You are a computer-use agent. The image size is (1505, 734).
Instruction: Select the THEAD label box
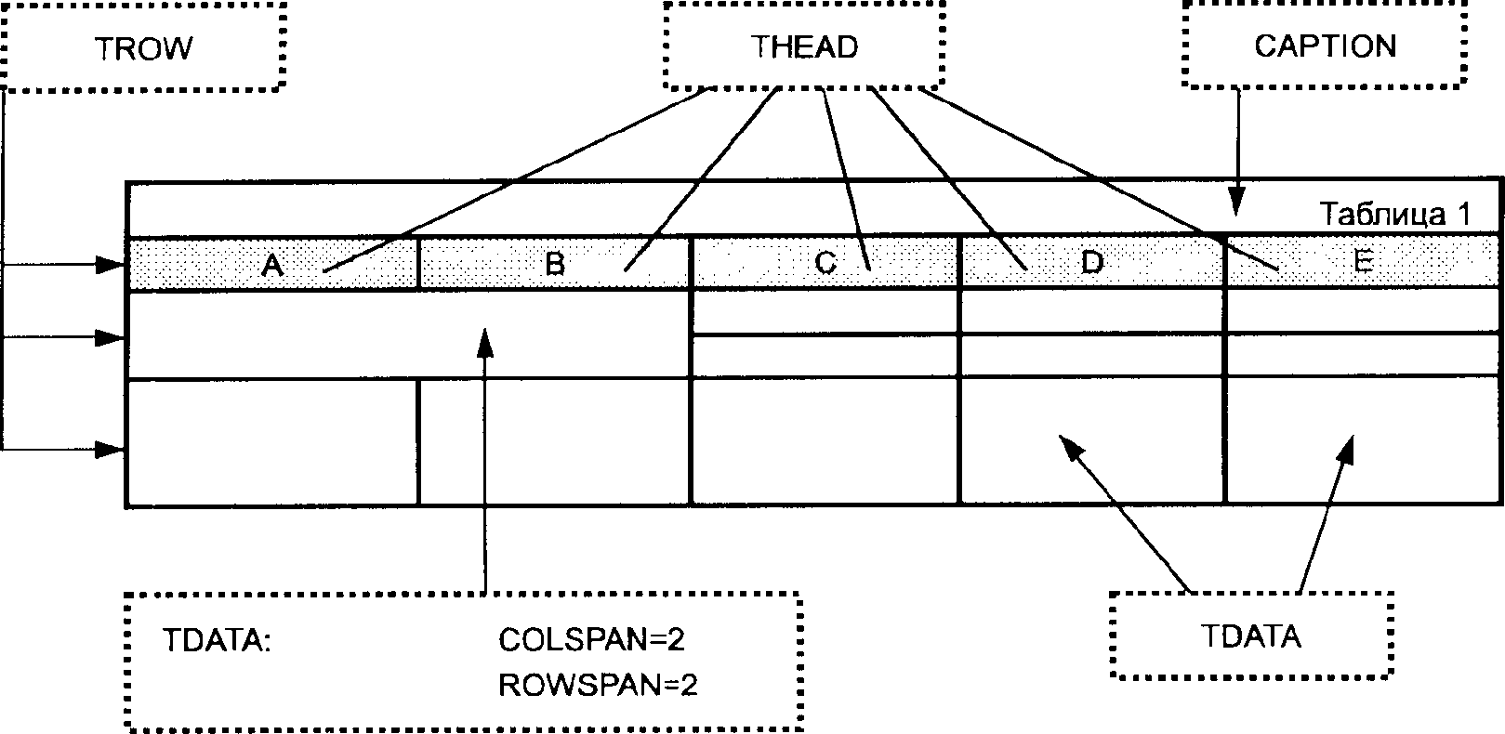click(x=804, y=46)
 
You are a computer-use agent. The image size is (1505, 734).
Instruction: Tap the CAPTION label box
click(x=1325, y=46)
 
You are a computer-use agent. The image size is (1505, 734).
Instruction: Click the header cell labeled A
click(x=272, y=265)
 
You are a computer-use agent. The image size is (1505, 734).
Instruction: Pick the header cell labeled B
click(x=554, y=264)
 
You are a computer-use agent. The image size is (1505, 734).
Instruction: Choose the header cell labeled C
click(x=825, y=263)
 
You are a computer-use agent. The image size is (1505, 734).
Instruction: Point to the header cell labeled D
click(x=1091, y=263)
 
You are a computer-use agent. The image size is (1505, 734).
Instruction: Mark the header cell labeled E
click(x=1363, y=263)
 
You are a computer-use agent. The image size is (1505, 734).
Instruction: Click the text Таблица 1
click(x=1394, y=215)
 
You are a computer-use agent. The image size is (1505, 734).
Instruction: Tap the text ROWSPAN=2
click(x=598, y=686)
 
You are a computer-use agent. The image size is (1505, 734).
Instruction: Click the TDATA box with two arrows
click(x=1251, y=636)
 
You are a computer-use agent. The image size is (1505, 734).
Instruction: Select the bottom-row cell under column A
click(x=272, y=442)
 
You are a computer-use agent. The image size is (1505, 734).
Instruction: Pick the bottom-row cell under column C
click(x=825, y=440)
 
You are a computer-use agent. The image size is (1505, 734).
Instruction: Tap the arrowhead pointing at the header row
click(x=112, y=266)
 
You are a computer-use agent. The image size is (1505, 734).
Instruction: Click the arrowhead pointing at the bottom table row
click(x=112, y=450)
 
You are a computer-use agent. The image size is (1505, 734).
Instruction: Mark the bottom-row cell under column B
click(x=554, y=442)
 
